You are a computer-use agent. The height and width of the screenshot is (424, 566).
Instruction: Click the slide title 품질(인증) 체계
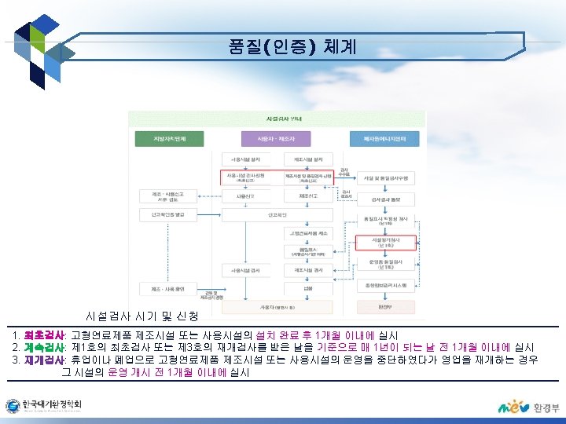(x=292, y=47)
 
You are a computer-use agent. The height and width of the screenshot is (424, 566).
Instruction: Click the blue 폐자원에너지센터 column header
(x=385, y=139)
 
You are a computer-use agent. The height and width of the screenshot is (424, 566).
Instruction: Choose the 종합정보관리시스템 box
(x=385, y=284)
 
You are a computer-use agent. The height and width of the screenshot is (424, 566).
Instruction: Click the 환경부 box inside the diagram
(x=385, y=306)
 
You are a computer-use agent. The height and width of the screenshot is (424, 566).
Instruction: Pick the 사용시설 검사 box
(x=246, y=269)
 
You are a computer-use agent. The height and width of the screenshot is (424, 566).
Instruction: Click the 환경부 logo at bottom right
(x=524, y=408)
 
